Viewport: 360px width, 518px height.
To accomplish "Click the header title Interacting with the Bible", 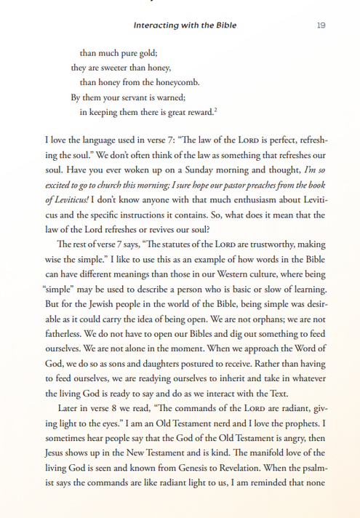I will pos(185,25).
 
